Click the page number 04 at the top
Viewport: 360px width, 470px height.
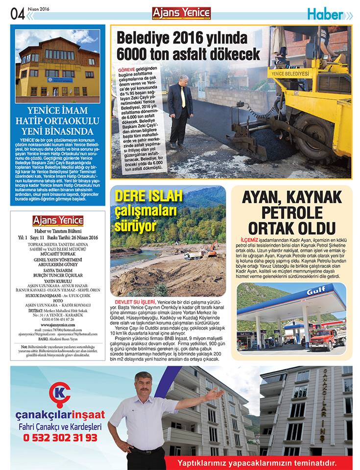click(17, 14)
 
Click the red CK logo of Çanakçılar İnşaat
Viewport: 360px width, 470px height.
click(60, 393)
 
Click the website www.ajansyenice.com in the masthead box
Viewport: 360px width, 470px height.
click(58, 324)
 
